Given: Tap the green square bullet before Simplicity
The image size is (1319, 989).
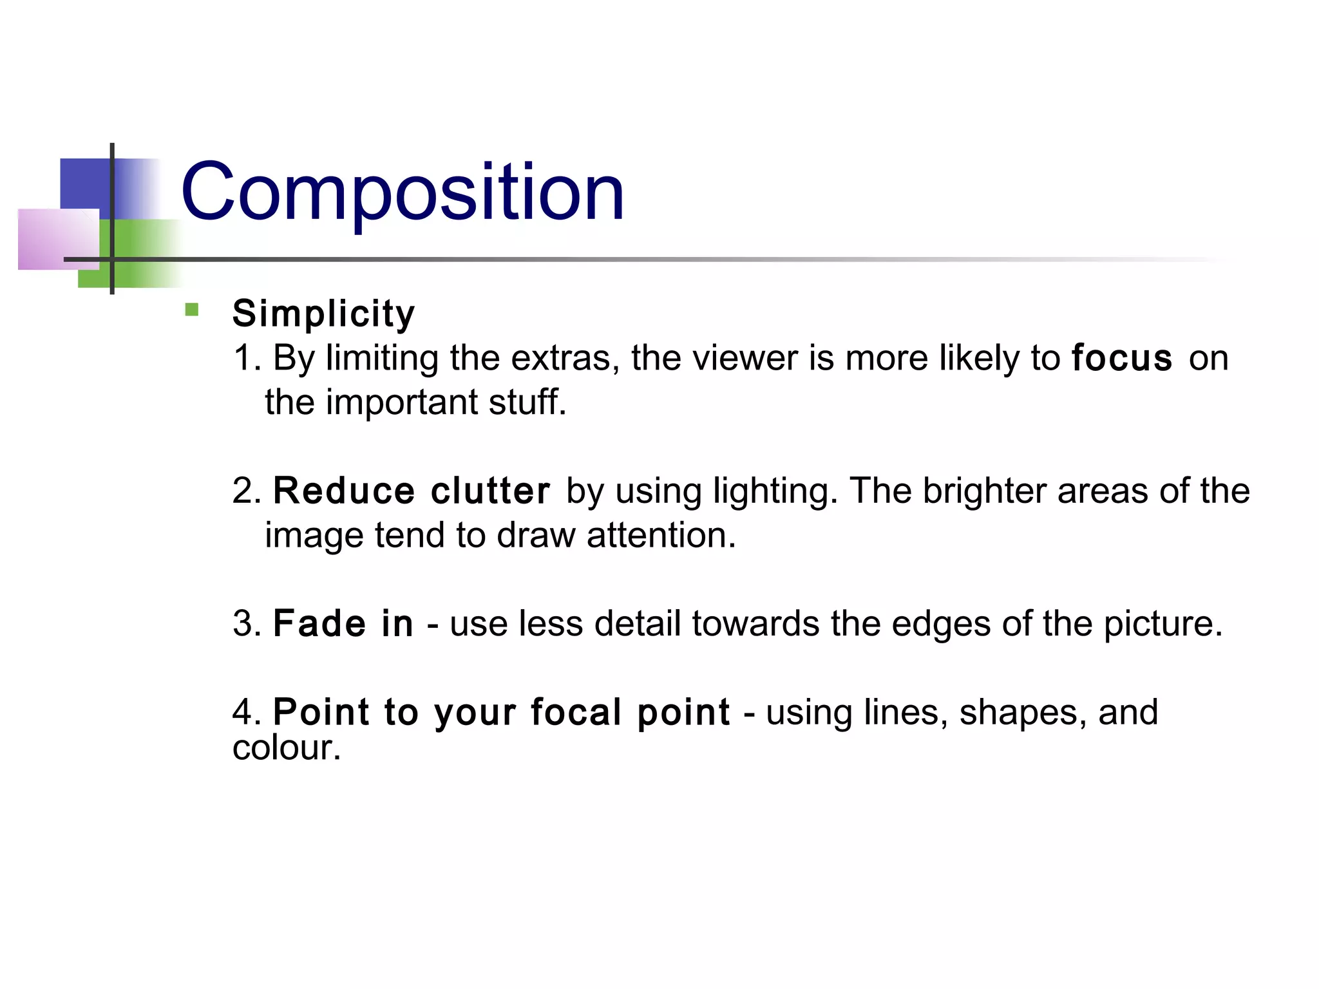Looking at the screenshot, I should tap(191, 310).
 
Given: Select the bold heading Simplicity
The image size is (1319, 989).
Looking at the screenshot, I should tap(323, 314).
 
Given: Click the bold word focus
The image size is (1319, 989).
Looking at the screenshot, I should tap(1122, 358).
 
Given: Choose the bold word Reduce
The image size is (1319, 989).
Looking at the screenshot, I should tap(344, 491).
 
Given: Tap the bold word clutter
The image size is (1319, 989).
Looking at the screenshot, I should tap(490, 491).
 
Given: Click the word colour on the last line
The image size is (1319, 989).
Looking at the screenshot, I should tap(286, 748).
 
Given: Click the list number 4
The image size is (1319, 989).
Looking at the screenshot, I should tap(245, 712).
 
